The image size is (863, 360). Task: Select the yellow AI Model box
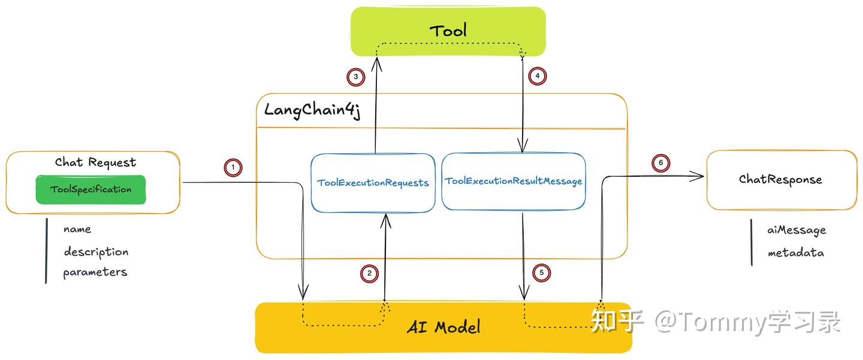click(443, 327)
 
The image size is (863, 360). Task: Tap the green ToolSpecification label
click(90, 189)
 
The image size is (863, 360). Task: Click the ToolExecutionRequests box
click(373, 183)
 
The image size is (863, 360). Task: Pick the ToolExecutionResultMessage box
click(513, 181)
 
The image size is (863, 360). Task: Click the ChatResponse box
click(780, 180)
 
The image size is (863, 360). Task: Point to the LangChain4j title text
click(312, 110)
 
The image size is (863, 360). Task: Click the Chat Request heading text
click(95, 162)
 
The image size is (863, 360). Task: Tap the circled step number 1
click(233, 167)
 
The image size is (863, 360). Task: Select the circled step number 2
click(369, 273)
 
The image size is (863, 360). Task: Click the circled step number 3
click(355, 77)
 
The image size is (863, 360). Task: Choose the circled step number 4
click(538, 76)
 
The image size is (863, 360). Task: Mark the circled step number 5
click(541, 273)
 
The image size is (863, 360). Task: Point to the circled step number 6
click(661, 163)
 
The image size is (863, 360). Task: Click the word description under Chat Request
click(96, 252)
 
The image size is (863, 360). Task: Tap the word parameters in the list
click(95, 272)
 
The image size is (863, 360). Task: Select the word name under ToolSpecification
click(77, 229)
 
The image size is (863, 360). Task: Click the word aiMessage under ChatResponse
click(796, 230)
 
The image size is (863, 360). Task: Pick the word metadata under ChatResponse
click(795, 253)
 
